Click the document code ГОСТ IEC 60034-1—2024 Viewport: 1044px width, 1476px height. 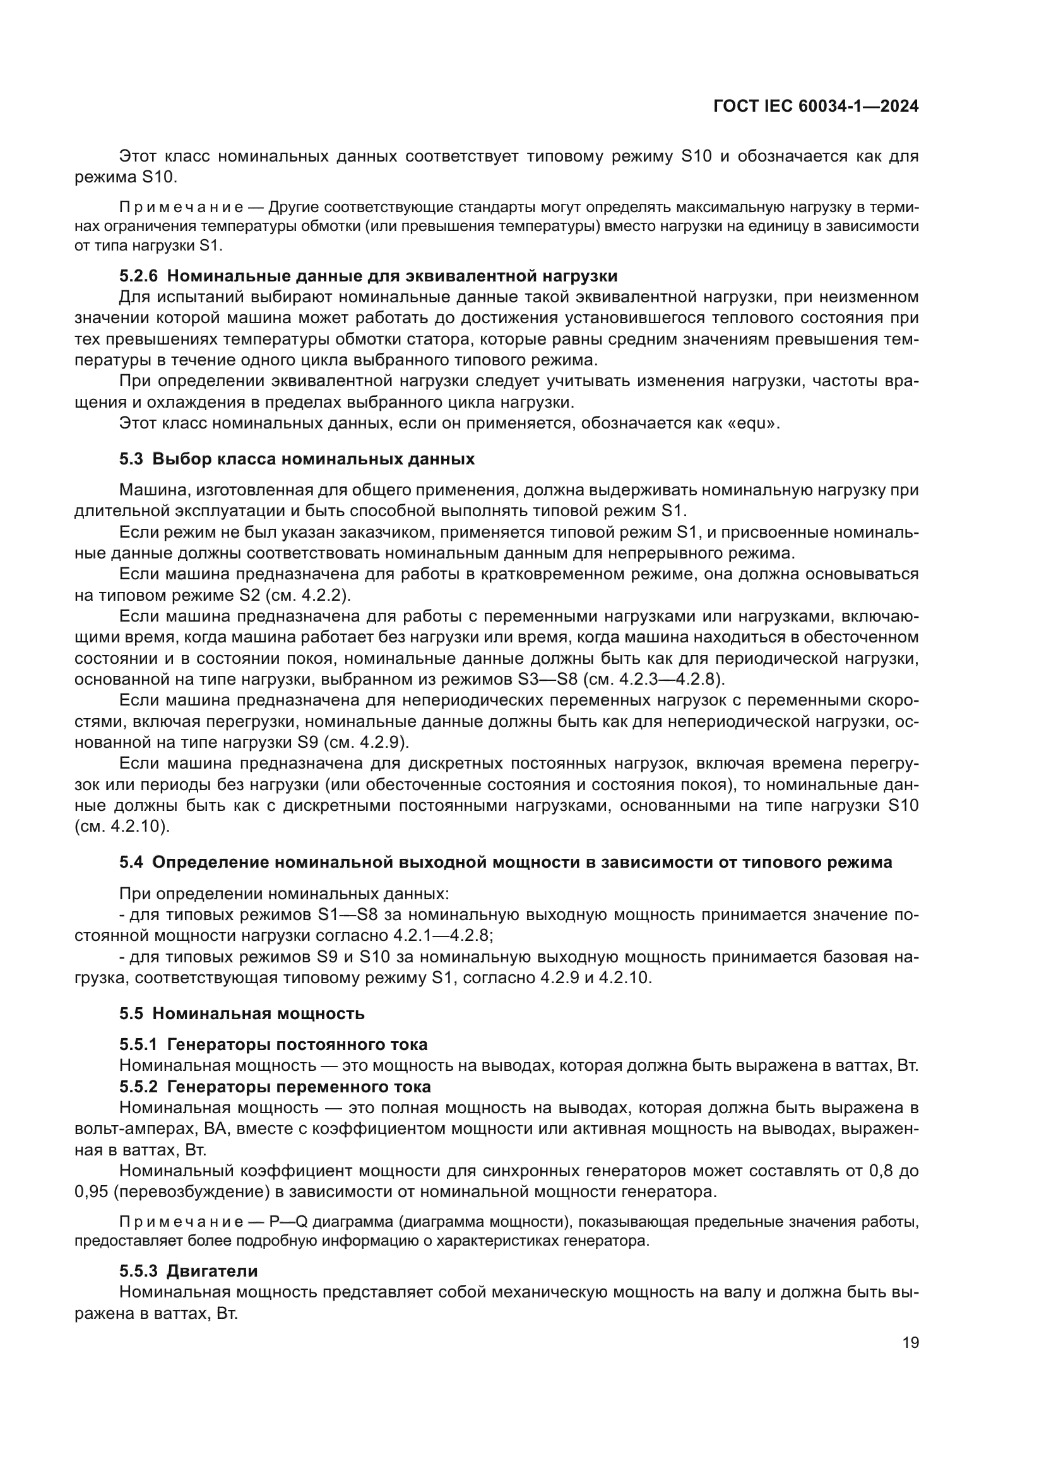(x=816, y=107)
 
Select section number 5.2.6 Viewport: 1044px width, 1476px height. (x=138, y=276)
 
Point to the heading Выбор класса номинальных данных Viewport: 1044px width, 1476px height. (x=314, y=459)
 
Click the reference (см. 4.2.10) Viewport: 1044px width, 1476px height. (x=122, y=827)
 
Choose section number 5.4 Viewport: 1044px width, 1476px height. (x=131, y=863)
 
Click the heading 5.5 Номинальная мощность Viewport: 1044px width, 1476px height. (x=242, y=1014)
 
